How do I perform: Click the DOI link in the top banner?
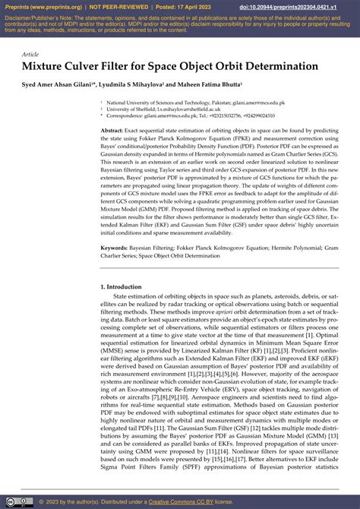297,7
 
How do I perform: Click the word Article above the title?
30,54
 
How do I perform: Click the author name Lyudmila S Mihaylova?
133,84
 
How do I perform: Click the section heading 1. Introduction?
121,286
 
